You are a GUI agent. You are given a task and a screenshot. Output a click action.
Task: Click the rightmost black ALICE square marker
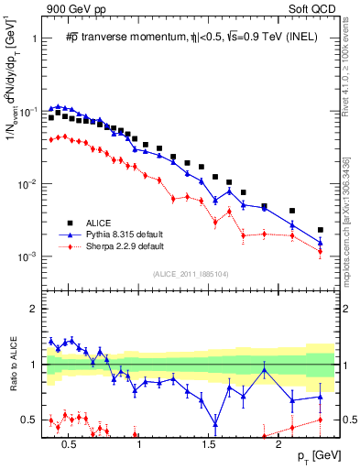coord(320,230)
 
